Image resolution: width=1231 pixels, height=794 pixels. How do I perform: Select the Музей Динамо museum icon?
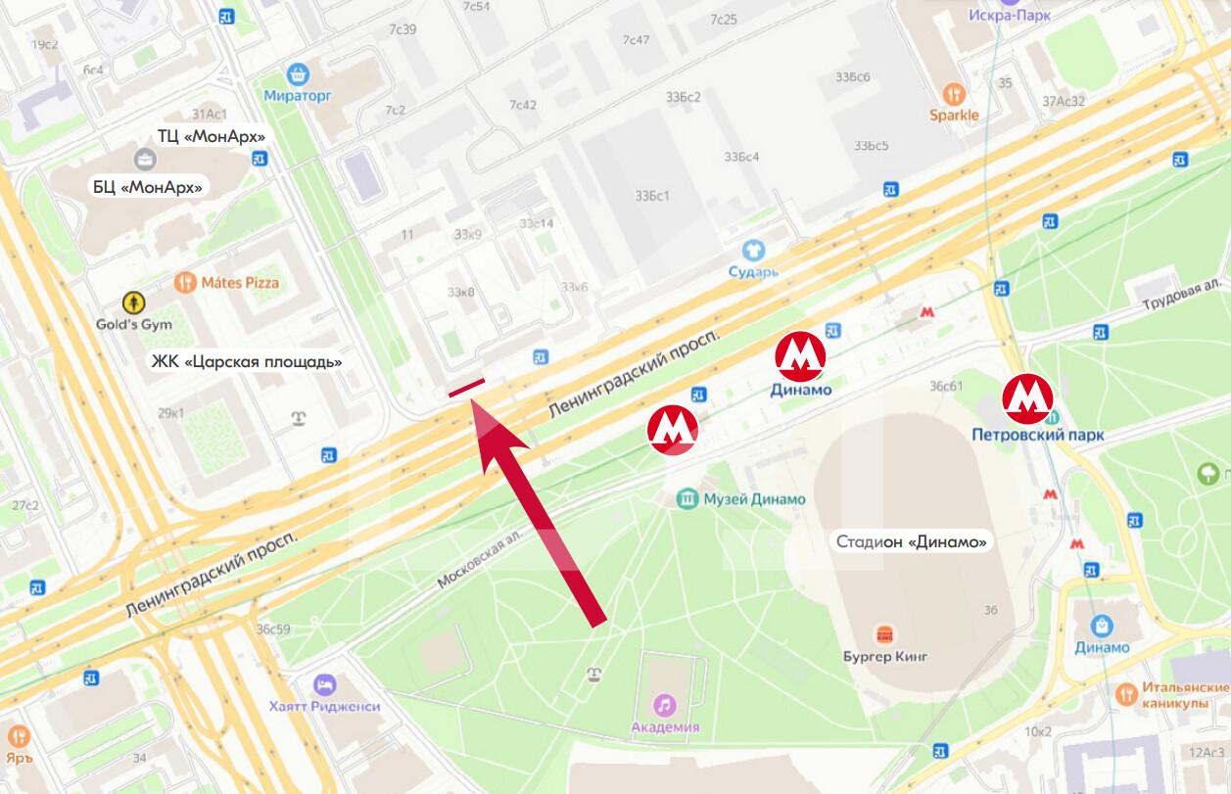(688, 499)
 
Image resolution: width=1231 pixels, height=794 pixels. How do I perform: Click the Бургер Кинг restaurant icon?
(884, 633)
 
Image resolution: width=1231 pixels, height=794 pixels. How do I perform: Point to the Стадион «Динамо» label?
(910, 541)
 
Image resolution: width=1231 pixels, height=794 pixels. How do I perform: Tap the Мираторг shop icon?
(298, 72)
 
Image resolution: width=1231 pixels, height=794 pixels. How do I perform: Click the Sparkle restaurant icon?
(954, 94)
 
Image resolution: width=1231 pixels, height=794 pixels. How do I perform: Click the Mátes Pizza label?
(240, 283)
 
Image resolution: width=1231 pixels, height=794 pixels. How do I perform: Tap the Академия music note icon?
(665, 704)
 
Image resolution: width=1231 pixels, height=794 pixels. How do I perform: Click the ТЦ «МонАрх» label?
(211, 136)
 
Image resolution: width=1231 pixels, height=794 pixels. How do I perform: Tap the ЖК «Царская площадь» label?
(246, 362)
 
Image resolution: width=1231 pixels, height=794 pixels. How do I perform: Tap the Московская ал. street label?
(481, 559)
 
